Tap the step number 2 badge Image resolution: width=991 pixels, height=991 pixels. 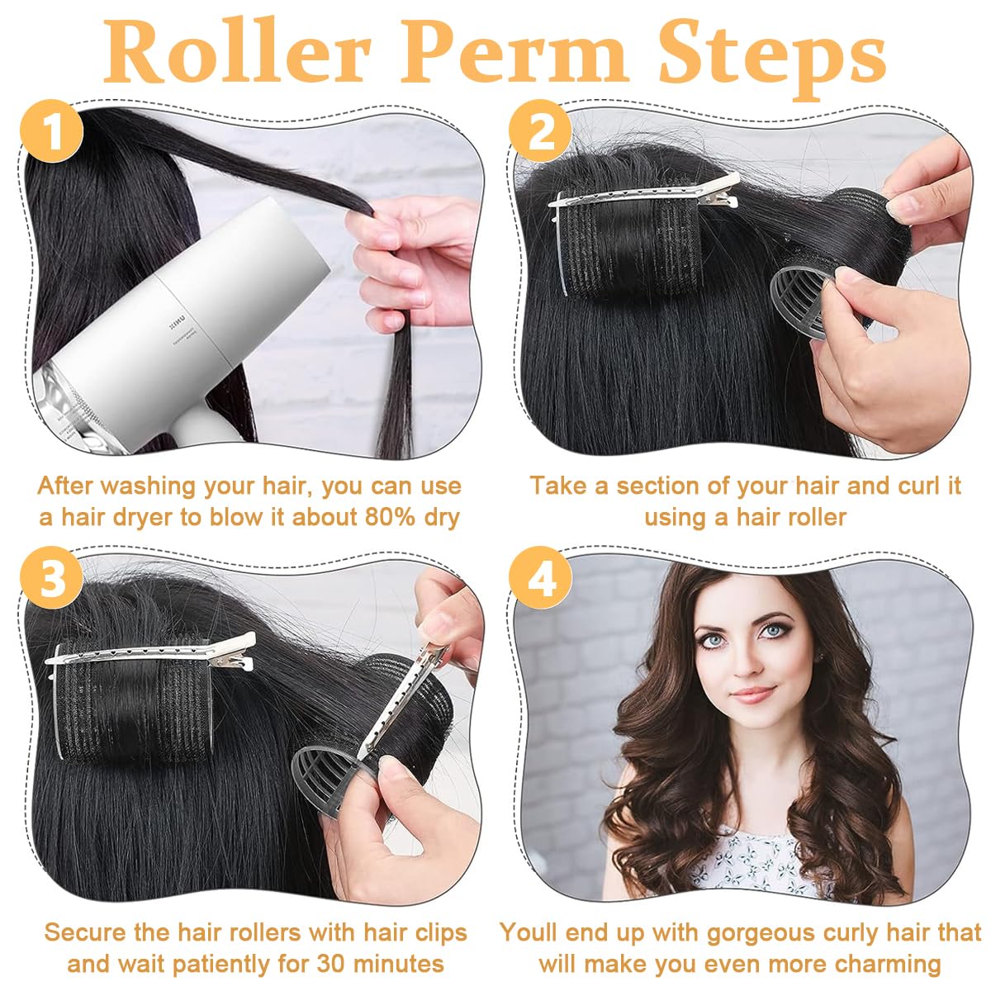click(541, 132)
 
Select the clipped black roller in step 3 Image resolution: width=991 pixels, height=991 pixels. click(124, 702)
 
